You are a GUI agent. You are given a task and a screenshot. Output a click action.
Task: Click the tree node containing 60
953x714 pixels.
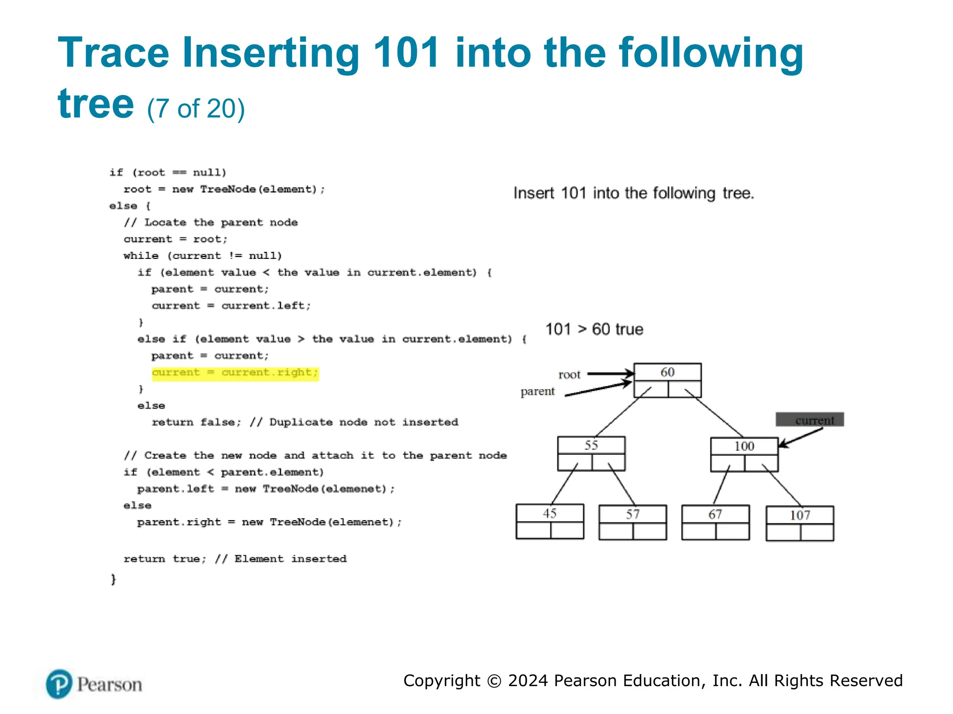tap(667, 380)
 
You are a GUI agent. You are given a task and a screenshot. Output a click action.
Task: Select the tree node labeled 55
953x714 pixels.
tap(591, 453)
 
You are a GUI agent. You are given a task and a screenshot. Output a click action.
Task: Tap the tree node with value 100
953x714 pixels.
tap(744, 454)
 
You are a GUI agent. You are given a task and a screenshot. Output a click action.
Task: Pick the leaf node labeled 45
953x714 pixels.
tap(550, 521)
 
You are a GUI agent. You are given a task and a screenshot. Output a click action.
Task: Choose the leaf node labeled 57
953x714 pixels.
tap(632, 522)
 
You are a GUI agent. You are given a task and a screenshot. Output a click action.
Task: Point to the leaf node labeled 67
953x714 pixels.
tap(715, 522)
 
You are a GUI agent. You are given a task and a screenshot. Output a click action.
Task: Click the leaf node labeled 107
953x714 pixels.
tap(799, 523)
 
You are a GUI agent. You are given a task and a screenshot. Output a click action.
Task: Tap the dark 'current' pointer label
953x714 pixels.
tap(810, 420)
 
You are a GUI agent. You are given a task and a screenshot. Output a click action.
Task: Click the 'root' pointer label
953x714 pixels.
tap(569, 375)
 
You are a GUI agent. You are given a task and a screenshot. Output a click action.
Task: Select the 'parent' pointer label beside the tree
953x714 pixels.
tap(537, 391)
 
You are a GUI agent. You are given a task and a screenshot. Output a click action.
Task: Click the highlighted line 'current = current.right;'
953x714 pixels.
tap(235, 373)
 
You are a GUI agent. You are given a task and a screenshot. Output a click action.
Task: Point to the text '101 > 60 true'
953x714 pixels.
tap(594, 329)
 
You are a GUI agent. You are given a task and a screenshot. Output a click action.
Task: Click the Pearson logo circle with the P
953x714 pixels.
tap(59, 684)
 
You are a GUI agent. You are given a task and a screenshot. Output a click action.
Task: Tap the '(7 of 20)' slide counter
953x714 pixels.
tap(196, 109)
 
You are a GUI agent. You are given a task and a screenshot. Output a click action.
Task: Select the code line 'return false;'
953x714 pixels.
tap(196, 422)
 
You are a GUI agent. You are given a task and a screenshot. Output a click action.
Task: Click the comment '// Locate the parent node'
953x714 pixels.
tap(211, 222)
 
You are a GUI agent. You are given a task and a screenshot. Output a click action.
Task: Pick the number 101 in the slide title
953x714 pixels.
tap(406, 53)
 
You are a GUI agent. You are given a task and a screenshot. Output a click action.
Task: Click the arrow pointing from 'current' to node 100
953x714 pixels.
tap(800, 438)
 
